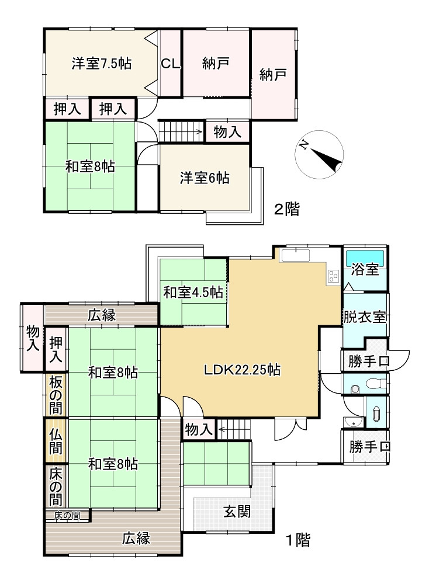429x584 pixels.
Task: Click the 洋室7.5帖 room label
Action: click(x=101, y=63)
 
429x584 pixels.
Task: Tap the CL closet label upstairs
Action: click(x=170, y=64)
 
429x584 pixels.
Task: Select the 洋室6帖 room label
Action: click(x=204, y=178)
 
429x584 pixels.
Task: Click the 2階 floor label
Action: click(x=286, y=209)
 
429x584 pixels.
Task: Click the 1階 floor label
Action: click(x=298, y=540)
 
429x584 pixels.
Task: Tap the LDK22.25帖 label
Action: click(x=243, y=370)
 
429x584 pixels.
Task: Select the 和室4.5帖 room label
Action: click(x=193, y=293)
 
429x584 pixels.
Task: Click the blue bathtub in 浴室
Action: click(x=365, y=258)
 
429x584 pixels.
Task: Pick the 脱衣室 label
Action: click(x=364, y=317)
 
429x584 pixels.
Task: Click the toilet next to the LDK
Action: click(x=373, y=383)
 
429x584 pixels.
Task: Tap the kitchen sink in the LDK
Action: click(x=296, y=256)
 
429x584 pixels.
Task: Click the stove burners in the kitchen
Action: click(x=333, y=276)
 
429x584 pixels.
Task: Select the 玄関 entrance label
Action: click(x=237, y=512)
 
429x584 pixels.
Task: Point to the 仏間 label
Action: click(x=56, y=442)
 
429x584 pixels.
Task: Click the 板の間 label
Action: click(x=56, y=395)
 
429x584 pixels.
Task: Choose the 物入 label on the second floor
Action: click(x=227, y=132)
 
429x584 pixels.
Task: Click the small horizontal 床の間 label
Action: click(x=67, y=516)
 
